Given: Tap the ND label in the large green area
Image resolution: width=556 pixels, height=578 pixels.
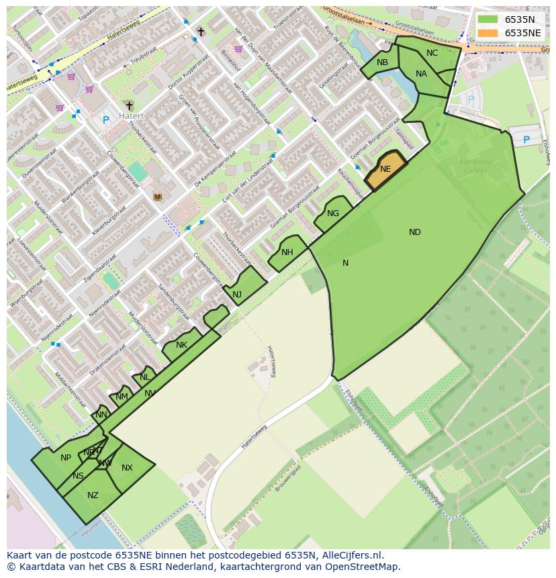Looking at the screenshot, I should pyautogui.click(x=415, y=232).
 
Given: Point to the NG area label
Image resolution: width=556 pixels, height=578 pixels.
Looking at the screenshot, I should pyautogui.click(x=333, y=213).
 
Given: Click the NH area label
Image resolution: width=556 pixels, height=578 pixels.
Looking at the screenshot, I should pyautogui.click(x=287, y=252).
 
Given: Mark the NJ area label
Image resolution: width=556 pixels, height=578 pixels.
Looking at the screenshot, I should pyautogui.click(x=237, y=295).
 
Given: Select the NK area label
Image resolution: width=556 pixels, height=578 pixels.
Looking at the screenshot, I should pyautogui.click(x=181, y=345).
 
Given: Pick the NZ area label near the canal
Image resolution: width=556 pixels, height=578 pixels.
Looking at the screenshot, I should pyautogui.click(x=93, y=495).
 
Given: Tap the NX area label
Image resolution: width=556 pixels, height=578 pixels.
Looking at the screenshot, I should pyautogui.click(x=127, y=468).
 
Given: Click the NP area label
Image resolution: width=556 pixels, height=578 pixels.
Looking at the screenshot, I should pyautogui.click(x=66, y=458).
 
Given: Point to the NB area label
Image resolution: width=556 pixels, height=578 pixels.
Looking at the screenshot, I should pyautogui.click(x=382, y=62).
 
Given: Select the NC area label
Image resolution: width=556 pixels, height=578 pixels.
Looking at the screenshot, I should pyautogui.click(x=432, y=53).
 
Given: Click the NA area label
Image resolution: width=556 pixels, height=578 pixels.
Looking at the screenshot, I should pyautogui.click(x=421, y=74).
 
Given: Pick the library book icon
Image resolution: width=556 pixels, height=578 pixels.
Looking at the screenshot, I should pyautogui.click(x=158, y=197).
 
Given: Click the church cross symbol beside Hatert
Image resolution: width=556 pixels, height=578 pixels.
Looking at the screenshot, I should pyautogui.click(x=129, y=105).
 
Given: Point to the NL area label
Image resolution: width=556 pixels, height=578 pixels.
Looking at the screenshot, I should pyautogui.click(x=145, y=377).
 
